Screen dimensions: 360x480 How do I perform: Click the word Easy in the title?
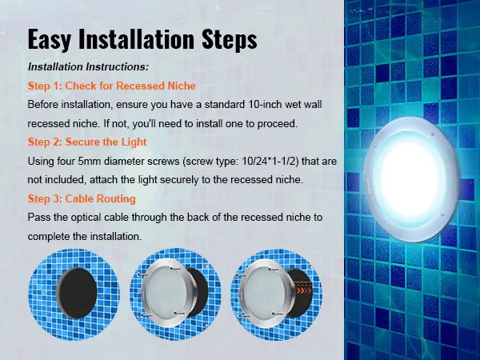(x=54, y=39)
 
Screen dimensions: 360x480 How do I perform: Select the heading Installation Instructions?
(x=88, y=67)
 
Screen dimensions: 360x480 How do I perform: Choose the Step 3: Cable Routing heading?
(x=82, y=198)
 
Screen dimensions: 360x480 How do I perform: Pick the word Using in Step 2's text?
(x=41, y=162)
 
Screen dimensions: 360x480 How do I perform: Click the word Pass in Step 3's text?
(x=38, y=218)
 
